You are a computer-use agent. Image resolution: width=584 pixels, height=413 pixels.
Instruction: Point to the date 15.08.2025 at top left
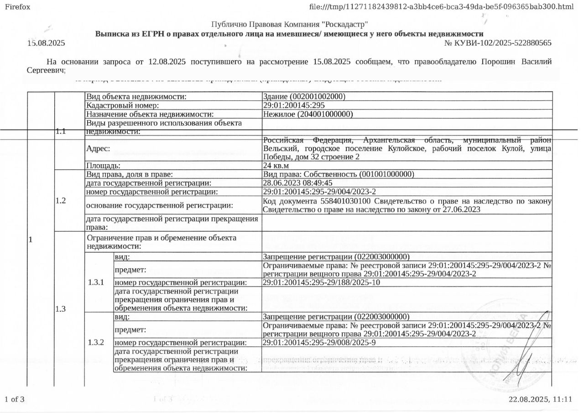point(46,43)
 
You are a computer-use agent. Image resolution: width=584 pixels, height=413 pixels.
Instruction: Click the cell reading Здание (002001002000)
point(304,97)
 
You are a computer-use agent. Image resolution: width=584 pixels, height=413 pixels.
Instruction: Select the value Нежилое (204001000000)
point(308,114)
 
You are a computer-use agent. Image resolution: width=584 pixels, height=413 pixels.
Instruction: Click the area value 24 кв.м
point(276,166)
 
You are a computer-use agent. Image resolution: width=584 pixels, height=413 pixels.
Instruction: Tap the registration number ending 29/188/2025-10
point(322,282)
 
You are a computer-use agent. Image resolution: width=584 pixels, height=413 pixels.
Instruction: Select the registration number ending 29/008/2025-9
point(319,343)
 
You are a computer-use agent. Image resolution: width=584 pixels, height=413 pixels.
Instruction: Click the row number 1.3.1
point(96,282)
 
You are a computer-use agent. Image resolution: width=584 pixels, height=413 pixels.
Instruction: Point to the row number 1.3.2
point(96,342)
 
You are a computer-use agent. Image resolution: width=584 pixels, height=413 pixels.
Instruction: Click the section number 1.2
point(61,200)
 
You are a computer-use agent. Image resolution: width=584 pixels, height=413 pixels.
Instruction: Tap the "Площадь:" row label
point(103,166)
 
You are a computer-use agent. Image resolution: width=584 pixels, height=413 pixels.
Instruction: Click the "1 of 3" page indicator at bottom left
point(14,399)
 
